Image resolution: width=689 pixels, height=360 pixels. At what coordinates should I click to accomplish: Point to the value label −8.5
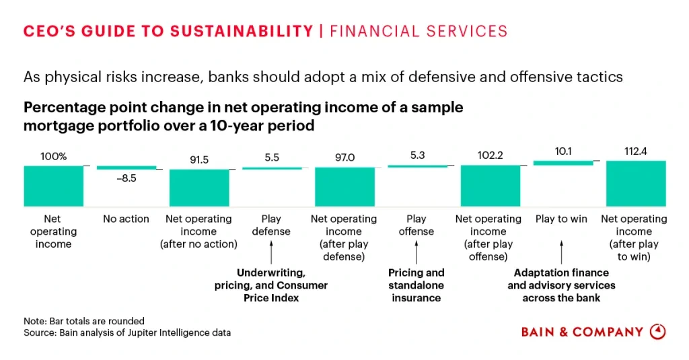[126, 180]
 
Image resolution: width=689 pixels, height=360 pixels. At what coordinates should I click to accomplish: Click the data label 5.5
[272, 157]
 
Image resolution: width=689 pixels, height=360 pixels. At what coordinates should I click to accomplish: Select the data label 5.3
[416, 155]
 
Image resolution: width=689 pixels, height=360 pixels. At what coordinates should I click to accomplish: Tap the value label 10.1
[563, 152]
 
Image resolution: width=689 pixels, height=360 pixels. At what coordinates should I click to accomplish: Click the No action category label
[126, 219]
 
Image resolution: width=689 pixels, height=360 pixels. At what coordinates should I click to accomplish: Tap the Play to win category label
[562, 219]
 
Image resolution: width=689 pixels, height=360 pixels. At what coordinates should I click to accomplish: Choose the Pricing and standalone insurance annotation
[416, 285]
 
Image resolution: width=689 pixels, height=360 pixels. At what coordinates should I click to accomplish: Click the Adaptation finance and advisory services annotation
[561, 285]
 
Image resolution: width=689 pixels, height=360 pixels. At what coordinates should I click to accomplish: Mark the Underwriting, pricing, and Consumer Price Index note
[271, 285]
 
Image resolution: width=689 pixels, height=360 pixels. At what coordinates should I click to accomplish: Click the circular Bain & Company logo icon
[657, 332]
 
